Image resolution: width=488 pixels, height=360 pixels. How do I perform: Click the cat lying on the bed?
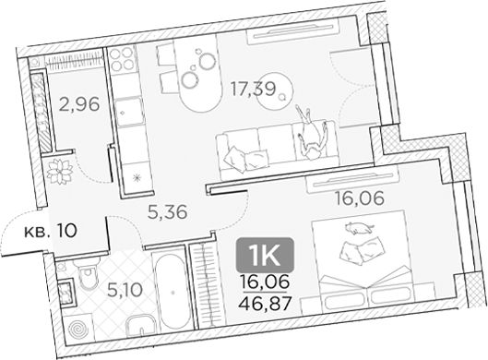355,228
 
